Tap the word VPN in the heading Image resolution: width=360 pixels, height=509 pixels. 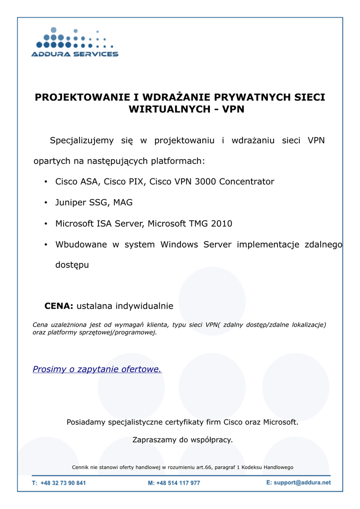click(233, 109)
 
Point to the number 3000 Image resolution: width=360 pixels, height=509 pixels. click(205, 181)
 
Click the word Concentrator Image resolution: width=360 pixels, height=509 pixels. click(247, 181)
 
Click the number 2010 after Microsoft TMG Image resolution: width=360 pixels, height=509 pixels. click(221, 224)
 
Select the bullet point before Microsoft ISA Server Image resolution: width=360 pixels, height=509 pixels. click(45, 224)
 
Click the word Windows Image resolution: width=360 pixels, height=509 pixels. click(179, 245)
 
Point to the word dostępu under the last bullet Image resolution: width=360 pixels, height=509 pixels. click(72, 265)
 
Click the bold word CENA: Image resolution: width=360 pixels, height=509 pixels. click(59, 306)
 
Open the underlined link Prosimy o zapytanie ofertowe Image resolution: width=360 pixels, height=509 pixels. click(97, 369)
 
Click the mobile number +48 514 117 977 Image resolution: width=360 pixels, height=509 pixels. click(178, 483)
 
